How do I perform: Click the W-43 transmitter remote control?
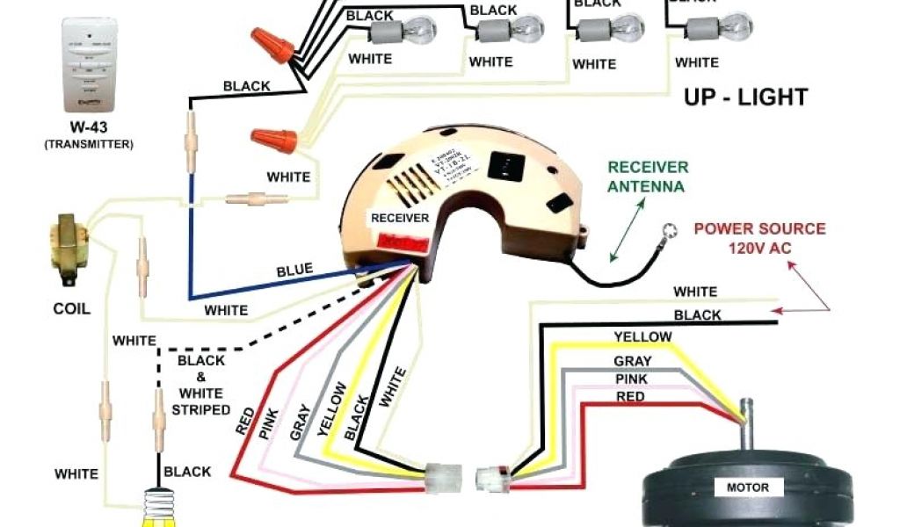[88, 62]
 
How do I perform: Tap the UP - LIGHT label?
[745, 97]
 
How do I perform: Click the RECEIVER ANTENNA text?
[648, 177]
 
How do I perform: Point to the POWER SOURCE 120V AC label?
[760, 238]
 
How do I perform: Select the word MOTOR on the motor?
[747, 487]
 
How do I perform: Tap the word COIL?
[71, 309]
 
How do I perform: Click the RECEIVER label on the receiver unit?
[400, 218]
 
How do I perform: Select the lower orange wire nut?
[267, 138]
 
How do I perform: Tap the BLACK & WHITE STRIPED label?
[201, 385]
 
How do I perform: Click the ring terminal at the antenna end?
[670, 232]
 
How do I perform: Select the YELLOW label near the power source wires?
[642, 336]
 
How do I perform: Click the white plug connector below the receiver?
[443, 480]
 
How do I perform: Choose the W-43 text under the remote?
[88, 126]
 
